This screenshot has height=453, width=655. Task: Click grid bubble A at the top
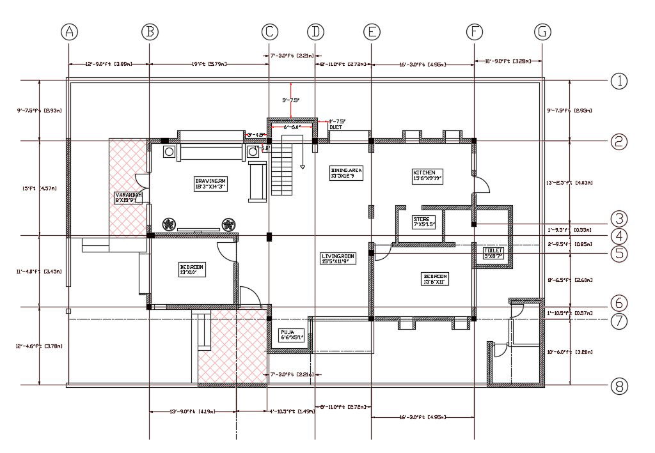(x=69, y=31)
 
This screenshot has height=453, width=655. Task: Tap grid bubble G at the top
(x=542, y=31)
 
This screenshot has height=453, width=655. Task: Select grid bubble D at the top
(x=315, y=31)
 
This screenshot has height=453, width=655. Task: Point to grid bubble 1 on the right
(x=619, y=81)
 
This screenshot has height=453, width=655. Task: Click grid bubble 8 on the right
(x=619, y=386)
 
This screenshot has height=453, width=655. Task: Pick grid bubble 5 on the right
(x=619, y=253)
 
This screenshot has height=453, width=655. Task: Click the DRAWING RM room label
(x=211, y=183)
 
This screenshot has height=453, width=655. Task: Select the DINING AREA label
(x=346, y=173)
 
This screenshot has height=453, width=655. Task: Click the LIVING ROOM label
(x=338, y=257)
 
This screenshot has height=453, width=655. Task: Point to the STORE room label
(x=424, y=222)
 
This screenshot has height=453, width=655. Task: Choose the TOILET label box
(x=494, y=253)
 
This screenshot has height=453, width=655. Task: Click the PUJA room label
(x=295, y=335)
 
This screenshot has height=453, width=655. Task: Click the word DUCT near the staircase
(x=336, y=127)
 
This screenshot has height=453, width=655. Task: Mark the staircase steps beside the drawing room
(x=282, y=169)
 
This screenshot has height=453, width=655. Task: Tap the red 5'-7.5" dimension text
(x=291, y=100)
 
